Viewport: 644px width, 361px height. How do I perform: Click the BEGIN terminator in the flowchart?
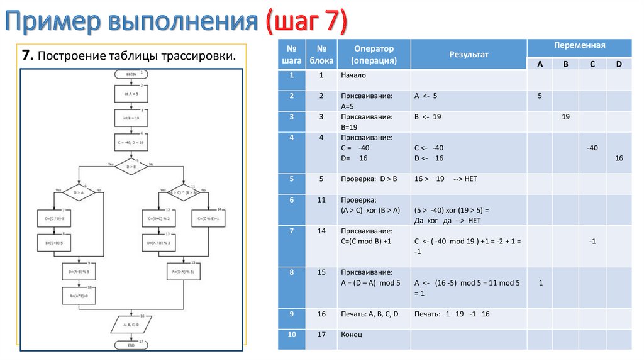(x=131, y=74)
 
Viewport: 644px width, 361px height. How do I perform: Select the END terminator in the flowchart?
(x=131, y=345)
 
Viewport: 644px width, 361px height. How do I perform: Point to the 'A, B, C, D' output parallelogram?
(x=131, y=325)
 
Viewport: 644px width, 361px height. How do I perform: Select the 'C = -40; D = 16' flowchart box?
(x=131, y=143)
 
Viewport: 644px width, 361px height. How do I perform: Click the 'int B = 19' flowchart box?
(x=131, y=118)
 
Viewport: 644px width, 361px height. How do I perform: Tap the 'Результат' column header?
(x=469, y=55)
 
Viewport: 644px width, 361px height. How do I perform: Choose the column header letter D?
(x=619, y=64)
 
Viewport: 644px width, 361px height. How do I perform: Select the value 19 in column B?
(x=565, y=117)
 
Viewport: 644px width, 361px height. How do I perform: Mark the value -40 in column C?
(x=592, y=148)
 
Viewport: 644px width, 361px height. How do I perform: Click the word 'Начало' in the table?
(x=353, y=75)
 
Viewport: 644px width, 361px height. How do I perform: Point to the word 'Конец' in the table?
(x=352, y=335)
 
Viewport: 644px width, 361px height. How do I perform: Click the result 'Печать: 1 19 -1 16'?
(x=452, y=314)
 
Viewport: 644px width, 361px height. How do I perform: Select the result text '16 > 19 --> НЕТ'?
(x=446, y=179)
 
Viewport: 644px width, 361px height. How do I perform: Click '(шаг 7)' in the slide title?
(x=305, y=23)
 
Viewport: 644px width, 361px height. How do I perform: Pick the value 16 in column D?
(x=619, y=158)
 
